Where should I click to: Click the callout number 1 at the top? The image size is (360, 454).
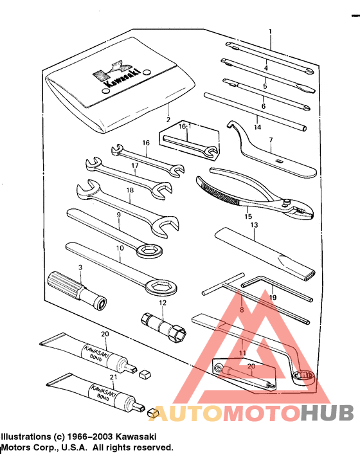270,32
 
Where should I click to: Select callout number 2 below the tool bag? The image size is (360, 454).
168,120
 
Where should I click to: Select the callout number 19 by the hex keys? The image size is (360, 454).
273,298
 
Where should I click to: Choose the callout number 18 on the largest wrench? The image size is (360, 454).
130,190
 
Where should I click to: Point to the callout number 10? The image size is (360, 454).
119,248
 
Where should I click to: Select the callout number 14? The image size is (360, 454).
257,127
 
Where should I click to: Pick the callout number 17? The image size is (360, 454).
135,165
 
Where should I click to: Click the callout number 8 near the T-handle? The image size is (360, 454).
242,311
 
